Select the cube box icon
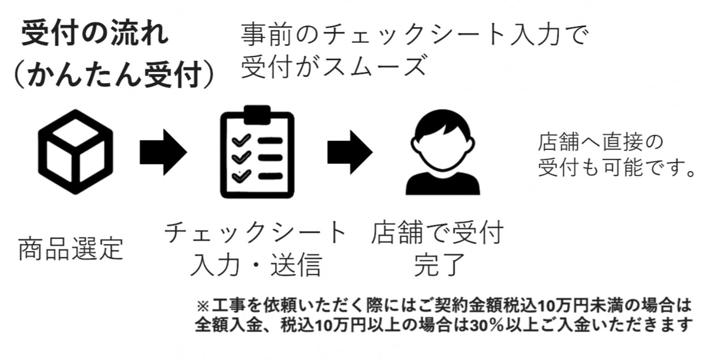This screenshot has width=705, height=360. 76,152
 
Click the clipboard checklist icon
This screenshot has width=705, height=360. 257,152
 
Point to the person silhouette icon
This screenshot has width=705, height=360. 442,154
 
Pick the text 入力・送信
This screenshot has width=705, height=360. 256,265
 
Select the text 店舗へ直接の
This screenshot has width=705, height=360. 601,143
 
